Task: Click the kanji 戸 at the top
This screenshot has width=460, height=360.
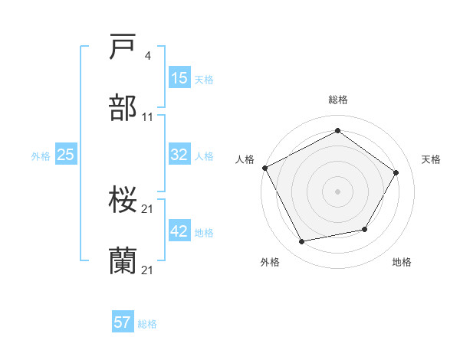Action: tap(123, 47)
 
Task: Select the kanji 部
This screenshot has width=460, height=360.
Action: tap(123, 109)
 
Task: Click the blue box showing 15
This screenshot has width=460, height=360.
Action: tap(179, 78)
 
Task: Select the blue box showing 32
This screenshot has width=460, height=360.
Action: tap(179, 155)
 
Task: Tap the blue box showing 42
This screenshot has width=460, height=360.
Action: tap(179, 231)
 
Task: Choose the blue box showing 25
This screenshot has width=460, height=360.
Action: tap(65, 155)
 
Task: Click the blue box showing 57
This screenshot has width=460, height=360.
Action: tap(123, 322)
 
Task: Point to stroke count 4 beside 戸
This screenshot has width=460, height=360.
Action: tap(148, 56)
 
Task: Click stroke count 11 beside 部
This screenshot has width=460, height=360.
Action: tap(148, 117)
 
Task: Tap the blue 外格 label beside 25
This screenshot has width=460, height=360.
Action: tap(41, 155)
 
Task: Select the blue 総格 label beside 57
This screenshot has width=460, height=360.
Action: tap(147, 324)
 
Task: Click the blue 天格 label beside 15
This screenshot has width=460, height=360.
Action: tap(204, 79)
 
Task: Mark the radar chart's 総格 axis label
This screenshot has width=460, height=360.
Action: tap(338, 100)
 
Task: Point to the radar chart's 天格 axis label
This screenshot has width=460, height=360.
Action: tap(431, 159)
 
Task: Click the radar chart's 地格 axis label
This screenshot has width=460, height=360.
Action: tap(402, 262)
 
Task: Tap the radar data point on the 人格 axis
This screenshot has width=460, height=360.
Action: tap(264, 168)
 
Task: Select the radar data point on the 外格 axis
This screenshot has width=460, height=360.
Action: tap(302, 242)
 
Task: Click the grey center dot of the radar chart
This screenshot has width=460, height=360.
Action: tap(337, 191)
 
